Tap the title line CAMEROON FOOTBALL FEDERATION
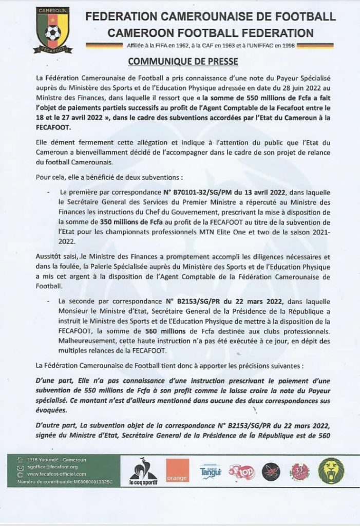(x=210, y=33)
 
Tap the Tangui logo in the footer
(x=211, y=471)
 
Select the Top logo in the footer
(x=240, y=470)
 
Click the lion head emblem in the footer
(x=331, y=471)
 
